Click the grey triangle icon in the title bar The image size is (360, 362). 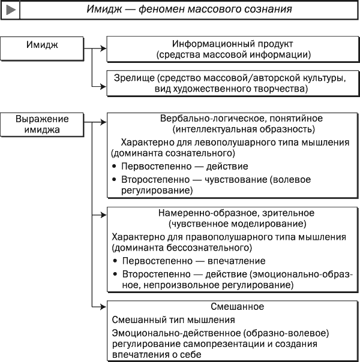point(11,10)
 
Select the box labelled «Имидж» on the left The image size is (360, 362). point(42,49)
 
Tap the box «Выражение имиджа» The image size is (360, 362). point(42,125)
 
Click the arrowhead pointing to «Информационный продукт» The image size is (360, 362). point(103,49)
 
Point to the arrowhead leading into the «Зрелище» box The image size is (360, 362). point(103,87)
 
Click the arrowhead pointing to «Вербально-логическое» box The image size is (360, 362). point(103,122)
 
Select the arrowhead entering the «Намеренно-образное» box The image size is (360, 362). point(103,215)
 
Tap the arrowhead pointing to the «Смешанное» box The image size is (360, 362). point(103,307)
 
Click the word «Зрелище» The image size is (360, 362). point(134,79)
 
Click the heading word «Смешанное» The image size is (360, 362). point(238,307)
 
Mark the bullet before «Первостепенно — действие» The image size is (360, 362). point(114,166)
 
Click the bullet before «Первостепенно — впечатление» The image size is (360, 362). point(115,261)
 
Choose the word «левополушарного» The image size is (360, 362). point(235,143)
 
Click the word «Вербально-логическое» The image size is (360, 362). point(213,119)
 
